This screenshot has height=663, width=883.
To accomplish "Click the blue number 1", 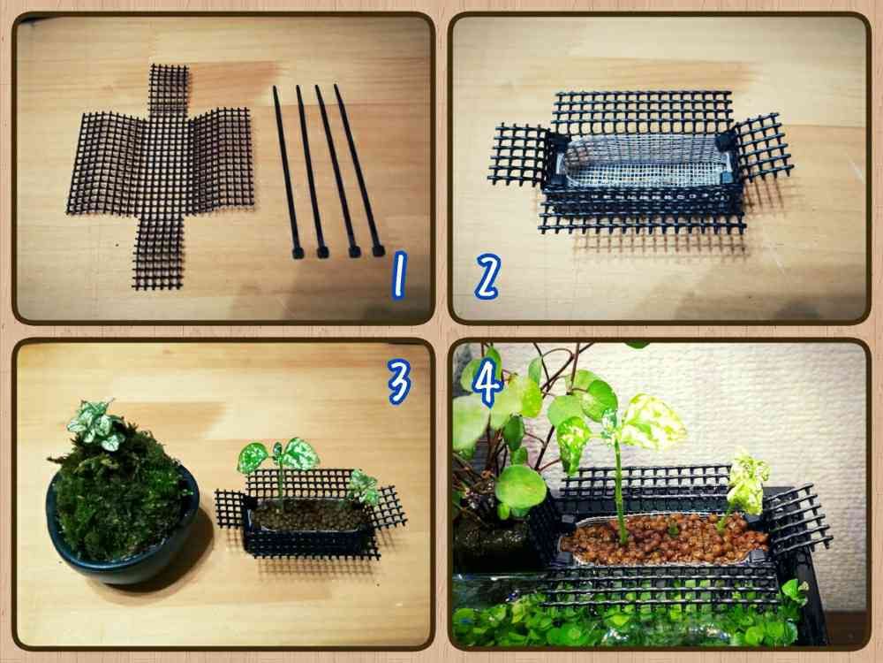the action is click(399, 275).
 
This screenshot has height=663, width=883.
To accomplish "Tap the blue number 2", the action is click(487, 276).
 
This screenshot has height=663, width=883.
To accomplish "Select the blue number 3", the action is click(399, 381).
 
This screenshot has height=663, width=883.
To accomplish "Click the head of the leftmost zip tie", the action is click(298, 253).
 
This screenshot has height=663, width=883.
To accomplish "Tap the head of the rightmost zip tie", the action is click(378, 250).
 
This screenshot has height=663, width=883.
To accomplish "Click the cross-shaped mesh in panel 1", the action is click(161, 175).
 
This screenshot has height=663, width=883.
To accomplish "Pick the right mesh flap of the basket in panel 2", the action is click(761, 148).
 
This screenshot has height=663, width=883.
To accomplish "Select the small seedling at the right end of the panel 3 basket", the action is click(364, 487).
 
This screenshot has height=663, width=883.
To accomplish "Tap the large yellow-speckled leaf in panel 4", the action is click(653, 421).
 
